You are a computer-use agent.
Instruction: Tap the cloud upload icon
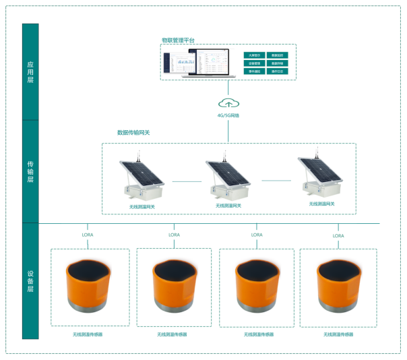point(228,103)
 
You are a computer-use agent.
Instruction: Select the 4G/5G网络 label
point(228,115)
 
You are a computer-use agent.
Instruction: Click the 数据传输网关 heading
point(133,133)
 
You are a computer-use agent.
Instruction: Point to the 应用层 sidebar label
point(30,72)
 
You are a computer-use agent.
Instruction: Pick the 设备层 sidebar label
point(30,281)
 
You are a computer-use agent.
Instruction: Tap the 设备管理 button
point(255,63)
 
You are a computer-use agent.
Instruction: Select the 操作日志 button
point(277,71)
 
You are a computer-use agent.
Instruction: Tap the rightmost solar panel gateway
point(319,177)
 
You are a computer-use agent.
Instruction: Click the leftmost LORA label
point(88,235)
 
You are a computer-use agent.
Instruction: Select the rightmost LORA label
point(338,236)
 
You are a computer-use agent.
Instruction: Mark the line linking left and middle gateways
point(187,181)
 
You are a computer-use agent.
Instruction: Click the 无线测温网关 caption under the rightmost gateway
point(321,204)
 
